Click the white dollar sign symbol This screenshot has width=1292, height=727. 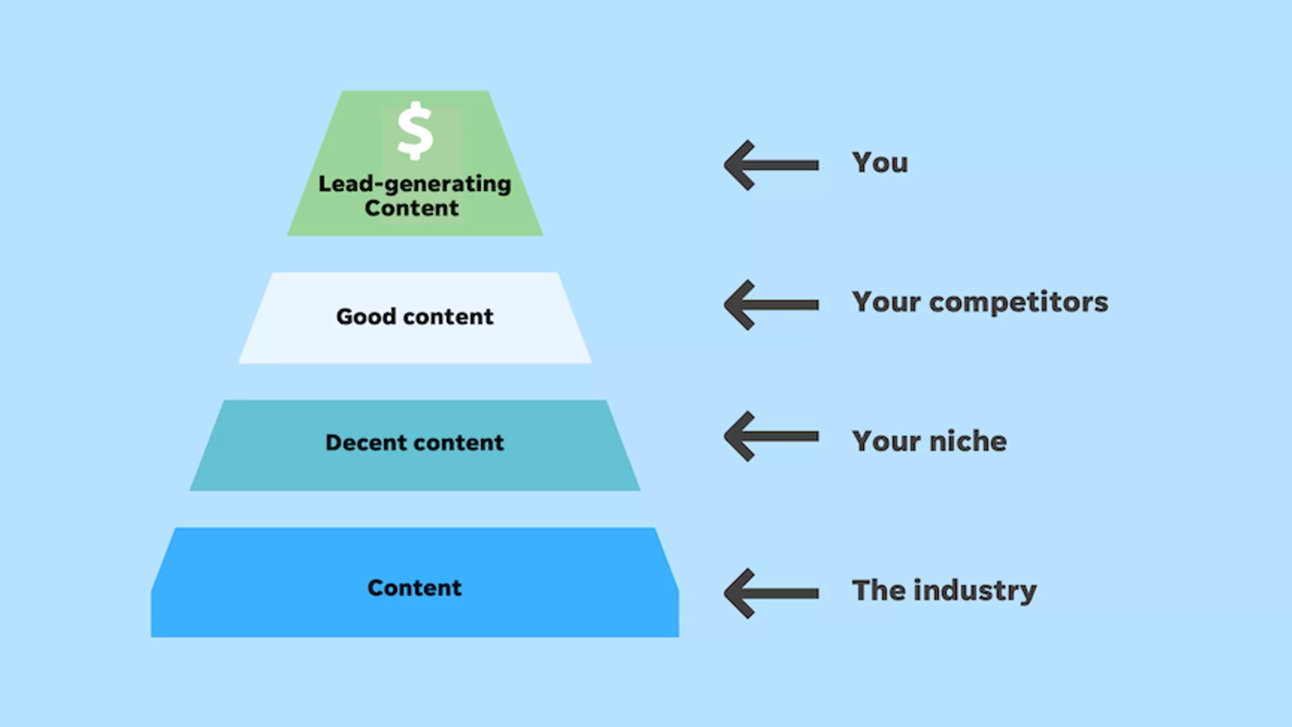415,131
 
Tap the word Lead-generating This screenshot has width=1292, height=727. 415,184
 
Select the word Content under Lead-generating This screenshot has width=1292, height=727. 412,209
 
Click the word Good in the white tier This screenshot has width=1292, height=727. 366,316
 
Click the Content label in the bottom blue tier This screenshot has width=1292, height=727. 415,588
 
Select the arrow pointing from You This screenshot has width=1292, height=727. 771,165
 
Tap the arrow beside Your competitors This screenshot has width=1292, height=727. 771,305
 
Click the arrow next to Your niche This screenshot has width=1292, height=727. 771,436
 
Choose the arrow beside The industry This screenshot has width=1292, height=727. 771,593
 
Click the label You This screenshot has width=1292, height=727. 880,163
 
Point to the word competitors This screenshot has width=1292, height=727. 1018,303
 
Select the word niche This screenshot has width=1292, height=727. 968,442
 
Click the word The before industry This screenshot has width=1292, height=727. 879,590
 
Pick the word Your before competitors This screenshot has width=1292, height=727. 886,303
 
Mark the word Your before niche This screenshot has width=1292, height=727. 886,442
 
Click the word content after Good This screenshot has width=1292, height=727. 448,316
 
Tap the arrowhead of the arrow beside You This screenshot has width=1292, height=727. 739,165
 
